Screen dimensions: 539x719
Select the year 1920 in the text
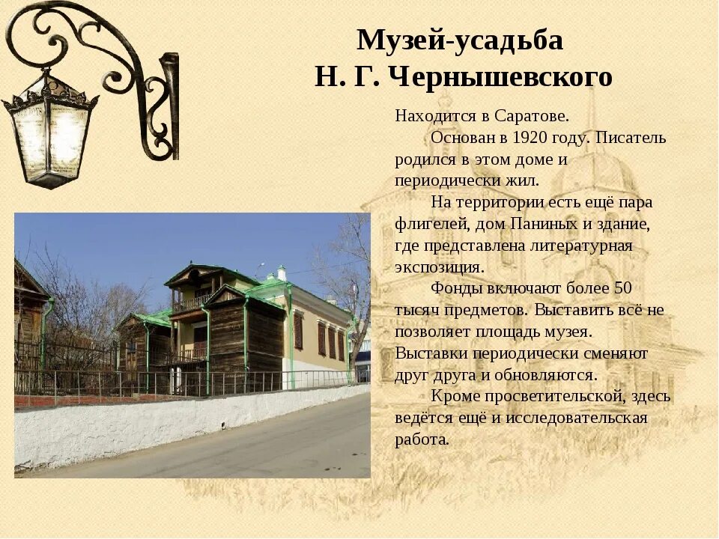tap(530, 138)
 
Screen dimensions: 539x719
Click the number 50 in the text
tap(623, 287)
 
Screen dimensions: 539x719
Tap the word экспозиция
tap(440, 267)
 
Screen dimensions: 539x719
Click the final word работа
tap(422, 439)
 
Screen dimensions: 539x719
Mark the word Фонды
tap(453, 287)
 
